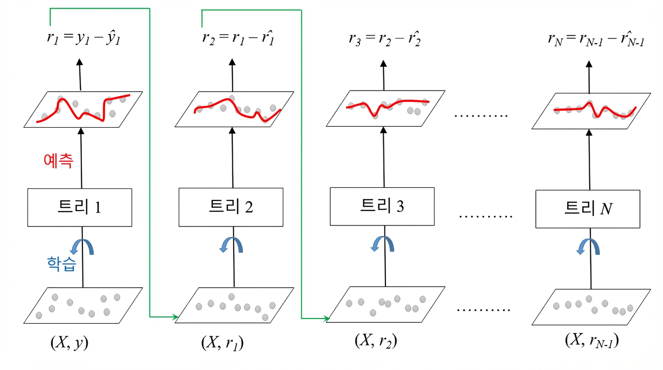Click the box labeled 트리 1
point(80,208)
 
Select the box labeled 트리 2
point(231,207)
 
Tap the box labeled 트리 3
point(382,206)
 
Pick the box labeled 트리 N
point(588,209)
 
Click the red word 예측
point(58,161)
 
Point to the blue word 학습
point(62,264)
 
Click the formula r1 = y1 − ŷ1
point(83,38)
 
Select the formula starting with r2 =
point(238,38)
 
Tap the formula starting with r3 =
point(385,39)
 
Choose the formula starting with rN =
point(596,39)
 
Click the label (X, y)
point(69,343)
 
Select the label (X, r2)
point(376,341)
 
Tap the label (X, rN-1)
point(592,341)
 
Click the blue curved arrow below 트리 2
point(231,245)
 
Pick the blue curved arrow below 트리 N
point(588,247)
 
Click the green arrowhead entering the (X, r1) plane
point(175,317)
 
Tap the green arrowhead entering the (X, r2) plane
point(326,318)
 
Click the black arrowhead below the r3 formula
point(384,63)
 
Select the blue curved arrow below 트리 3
point(383,244)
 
